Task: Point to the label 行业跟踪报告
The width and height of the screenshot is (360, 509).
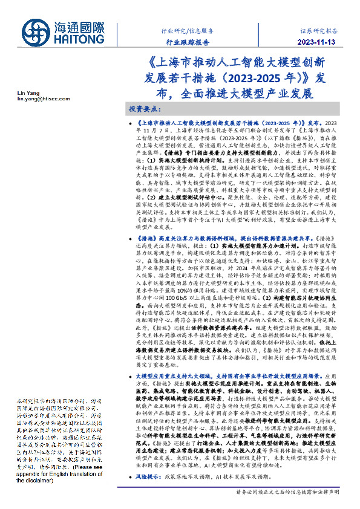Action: [x=188, y=42]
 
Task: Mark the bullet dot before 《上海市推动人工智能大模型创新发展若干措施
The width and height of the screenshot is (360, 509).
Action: [x=133, y=123]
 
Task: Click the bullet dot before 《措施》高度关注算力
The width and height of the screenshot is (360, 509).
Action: [x=133, y=239]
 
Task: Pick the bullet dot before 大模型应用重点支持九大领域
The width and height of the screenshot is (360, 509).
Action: [x=133, y=376]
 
